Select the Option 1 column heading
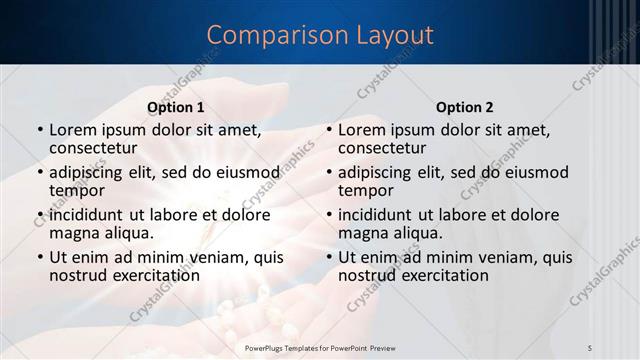coord(176,107)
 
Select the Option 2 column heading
coord(465,107)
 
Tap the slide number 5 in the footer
coord(590,347)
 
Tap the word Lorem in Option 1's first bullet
coord(72,130)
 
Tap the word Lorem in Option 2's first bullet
coord(361,130)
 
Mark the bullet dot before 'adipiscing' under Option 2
coord(328,173)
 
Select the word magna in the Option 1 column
coord(75,233)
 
